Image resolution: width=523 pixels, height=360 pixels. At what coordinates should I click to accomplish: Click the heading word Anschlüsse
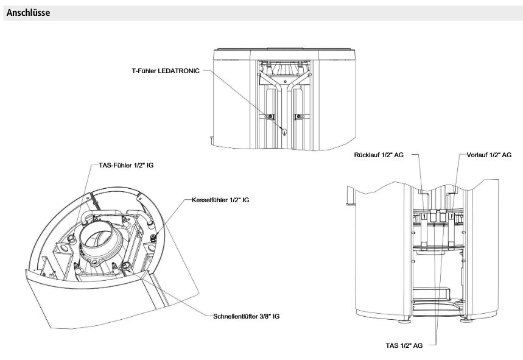pyautogui.click(x=29, y=13)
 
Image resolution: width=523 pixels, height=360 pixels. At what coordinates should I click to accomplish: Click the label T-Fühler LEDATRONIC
pyautogui.click(x=166, y=71)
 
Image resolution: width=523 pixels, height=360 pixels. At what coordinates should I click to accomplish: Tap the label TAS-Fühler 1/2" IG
pyautogui.click(x=126, y=165)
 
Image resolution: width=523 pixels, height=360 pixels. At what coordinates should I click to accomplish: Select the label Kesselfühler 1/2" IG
pyautogui.click(x=220, y=200)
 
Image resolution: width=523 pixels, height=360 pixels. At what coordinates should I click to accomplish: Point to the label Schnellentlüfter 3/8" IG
pyautogui.click(x=246, y=316)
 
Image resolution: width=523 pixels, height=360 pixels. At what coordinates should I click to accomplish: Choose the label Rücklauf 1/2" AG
pyautogui.click(x=379, y=155)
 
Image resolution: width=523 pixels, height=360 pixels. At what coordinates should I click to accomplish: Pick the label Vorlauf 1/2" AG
pyautogui.click(x=489, y=155)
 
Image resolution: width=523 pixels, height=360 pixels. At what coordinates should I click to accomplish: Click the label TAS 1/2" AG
pyautogui.click(x=404, y=345)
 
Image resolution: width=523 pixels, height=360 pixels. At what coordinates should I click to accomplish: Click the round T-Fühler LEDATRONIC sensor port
pyautogui.click(x=284, y=131)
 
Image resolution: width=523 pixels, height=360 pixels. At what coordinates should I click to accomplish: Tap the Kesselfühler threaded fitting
pyautogui.click(x=154, y=238)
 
